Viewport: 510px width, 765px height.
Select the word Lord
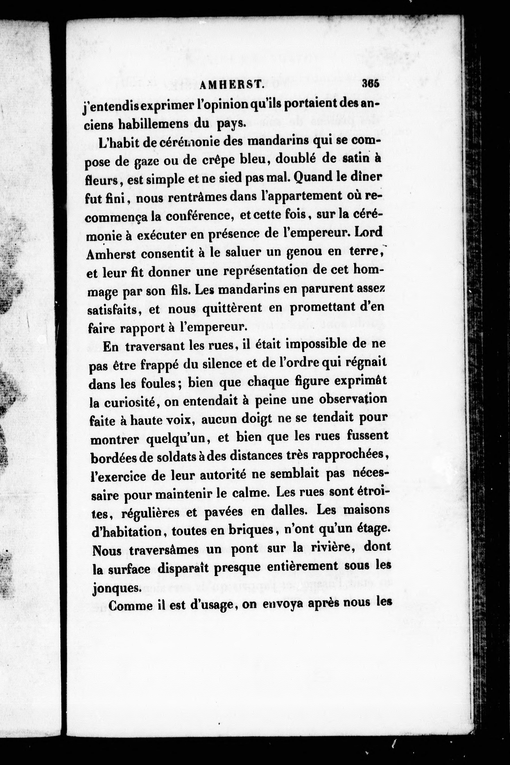369,233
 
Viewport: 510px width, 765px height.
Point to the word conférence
200,215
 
